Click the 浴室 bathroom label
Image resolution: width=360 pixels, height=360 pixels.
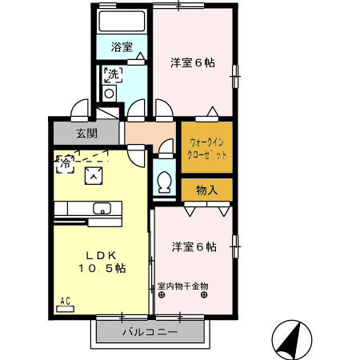[x=122, y=47]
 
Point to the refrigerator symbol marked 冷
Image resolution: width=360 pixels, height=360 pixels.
[x=64, y=163]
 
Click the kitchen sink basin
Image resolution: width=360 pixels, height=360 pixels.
[x=102, y=209]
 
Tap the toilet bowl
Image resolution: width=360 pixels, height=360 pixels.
[x=165, y=182]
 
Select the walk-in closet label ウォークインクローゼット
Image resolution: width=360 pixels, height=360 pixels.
[x=207, y=146]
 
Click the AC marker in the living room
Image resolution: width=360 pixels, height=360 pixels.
[x=66, y=301]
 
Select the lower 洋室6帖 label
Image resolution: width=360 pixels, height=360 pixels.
[x=193, y=247]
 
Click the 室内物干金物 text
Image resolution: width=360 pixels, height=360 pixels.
[x=182, y=286]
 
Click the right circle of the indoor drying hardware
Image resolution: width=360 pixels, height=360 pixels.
[x=203, y=294]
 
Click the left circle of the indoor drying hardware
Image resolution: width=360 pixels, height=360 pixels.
[x=162, y=294]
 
